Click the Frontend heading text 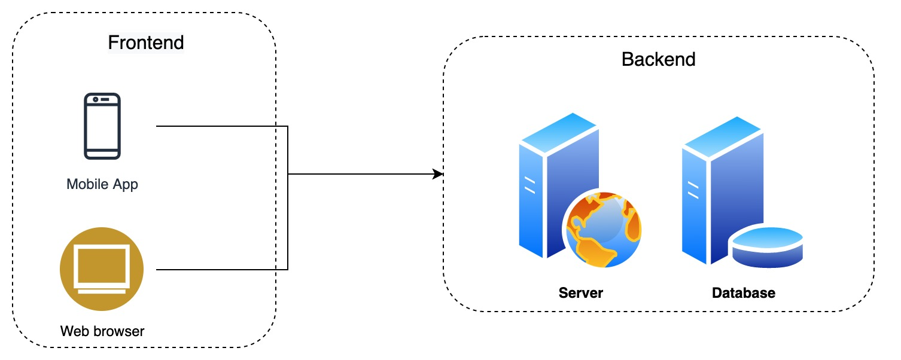pos(145,42)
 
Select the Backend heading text pos(658,60)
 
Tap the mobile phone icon pos(102,126)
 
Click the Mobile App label pos(102,184)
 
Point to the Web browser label pos(102,331)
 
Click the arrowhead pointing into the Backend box pos(439,174)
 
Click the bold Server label pos(580,293)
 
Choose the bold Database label pos(743,293)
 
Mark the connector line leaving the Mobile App pos(221,127)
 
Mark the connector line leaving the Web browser pos(221,270)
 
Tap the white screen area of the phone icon pos(102,129)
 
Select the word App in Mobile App pos(126,184)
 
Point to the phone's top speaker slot pos(105,99)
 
